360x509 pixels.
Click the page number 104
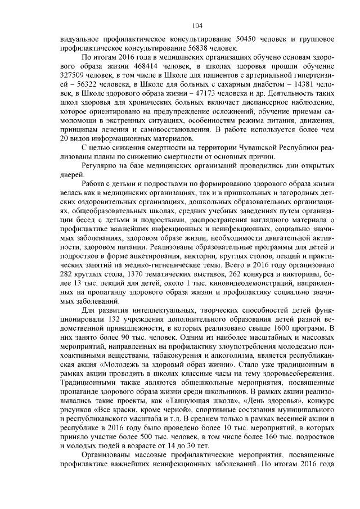[196, 25]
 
